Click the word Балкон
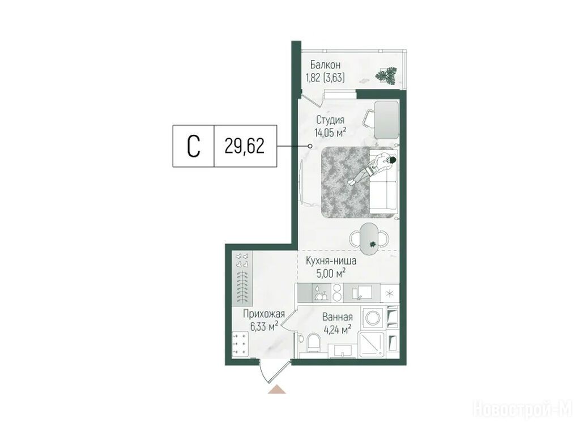326,66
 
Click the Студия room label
330,120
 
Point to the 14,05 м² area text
330,133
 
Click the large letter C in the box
194,146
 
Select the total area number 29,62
245,147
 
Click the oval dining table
369,238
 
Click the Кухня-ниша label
331,261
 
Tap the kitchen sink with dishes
320,293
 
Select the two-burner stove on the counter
337,293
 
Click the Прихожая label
264,314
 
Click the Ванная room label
338,317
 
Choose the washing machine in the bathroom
373,317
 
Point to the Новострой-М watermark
523,410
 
